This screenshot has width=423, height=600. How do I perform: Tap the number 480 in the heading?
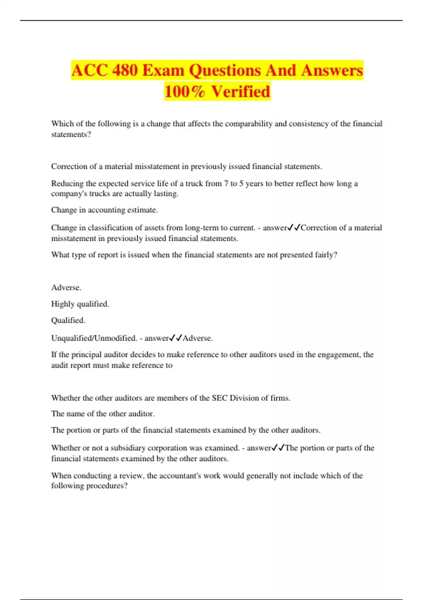[x=125, y=70]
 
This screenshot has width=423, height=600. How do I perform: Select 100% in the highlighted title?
[x=184, y=91]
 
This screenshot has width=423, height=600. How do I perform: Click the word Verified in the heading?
[x=241, y=91]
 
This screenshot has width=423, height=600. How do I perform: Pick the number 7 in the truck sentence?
[x=226, y=184]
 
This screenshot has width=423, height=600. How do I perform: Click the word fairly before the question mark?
[x=324, y=255]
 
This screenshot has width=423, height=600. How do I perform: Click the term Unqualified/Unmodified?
[x=94, y=338]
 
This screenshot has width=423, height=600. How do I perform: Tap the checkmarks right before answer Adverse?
[x=176, y=338]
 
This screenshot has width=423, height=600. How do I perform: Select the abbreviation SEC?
[x=220, y=398]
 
